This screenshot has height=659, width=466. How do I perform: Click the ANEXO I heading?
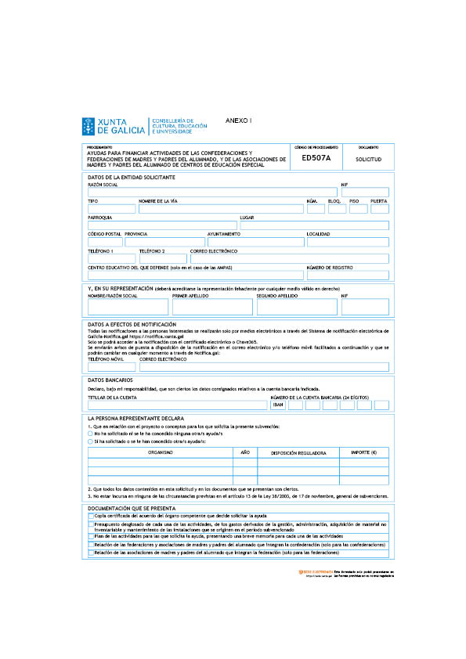239,121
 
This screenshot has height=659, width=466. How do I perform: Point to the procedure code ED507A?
316,158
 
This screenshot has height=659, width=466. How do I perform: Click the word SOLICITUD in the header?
368,159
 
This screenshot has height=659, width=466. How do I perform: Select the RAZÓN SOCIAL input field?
211,193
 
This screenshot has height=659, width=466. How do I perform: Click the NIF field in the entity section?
364,193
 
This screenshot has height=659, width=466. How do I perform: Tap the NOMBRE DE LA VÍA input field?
220,209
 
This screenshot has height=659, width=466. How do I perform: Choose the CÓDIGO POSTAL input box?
104,242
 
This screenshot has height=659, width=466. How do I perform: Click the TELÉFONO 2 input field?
162,258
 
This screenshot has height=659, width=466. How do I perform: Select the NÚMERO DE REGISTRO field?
347,275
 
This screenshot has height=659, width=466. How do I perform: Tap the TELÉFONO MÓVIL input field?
111,366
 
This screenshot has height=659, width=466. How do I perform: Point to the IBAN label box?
277,405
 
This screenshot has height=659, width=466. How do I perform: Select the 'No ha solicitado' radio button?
91,433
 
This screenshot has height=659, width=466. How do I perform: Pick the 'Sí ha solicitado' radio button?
91,441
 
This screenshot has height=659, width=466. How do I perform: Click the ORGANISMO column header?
161,452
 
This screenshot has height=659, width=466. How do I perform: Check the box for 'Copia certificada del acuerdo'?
91,517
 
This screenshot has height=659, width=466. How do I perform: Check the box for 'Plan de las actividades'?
91,537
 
